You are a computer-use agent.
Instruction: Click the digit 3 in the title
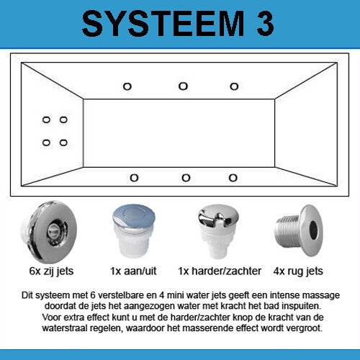click(265, 24)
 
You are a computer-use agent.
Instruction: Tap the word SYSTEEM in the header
click(163, 24)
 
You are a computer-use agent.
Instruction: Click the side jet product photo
click(49, 233)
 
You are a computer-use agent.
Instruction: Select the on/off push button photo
click(134, 231)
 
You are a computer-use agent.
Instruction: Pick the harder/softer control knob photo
click(218, 232)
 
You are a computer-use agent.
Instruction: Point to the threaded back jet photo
click(299, 230)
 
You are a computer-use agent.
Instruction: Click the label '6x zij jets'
click(51, 271)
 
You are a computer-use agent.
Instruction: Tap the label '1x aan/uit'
click(133, 271)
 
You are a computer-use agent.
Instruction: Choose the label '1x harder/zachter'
click(220, 271)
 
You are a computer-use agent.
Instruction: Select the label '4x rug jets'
click(298, 271)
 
